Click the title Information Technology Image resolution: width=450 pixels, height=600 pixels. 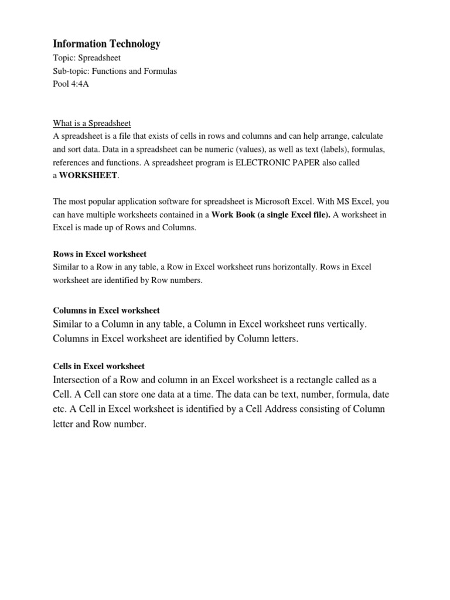pyautogui.click(x=106, y=44)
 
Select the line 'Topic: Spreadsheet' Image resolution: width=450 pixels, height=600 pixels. pyautogui.click(x=87, y=58)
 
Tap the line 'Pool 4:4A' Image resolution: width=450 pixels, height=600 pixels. pyautogui.click(x=71, y=84)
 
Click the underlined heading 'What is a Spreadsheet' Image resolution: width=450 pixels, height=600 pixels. pyautogui.click(x=92, y=123)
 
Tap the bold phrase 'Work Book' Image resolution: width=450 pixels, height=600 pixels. pyautogui.click(x=233, y=214)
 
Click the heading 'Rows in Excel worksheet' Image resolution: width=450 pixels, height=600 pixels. pyautogui.click(x=100, y=254)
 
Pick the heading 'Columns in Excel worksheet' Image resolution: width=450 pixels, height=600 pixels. pyautogui.click(x=106, y=310)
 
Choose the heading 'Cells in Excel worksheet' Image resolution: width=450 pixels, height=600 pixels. pyautogui.click(x=98, y=366)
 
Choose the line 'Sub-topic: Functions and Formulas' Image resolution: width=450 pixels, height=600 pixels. pyautogui.click(x=115, y=71)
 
